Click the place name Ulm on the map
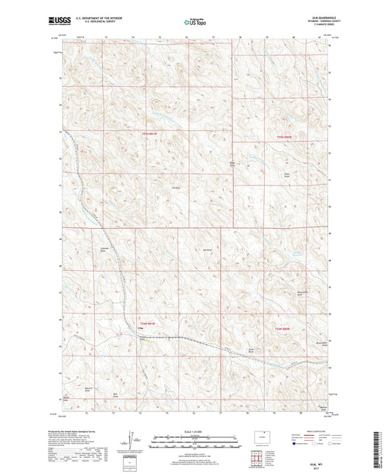[140, 329]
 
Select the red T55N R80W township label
[284, 138]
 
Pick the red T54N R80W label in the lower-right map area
[283, 328]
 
